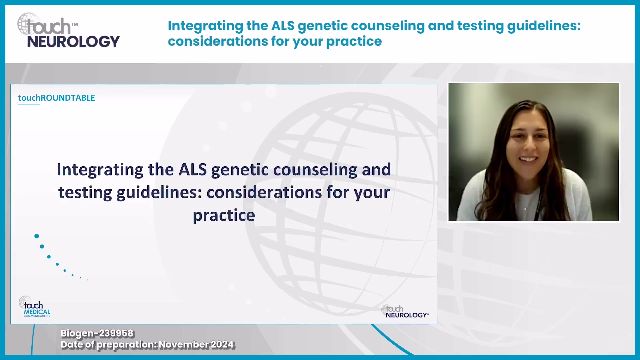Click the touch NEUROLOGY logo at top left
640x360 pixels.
[x=68, y=31]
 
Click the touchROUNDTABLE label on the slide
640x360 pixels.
[x=56, y=98]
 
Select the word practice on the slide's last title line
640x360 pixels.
[x=224, y=216]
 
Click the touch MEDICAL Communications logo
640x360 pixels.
[x=35, y=307]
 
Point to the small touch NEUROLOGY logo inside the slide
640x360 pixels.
[x=405, y=311]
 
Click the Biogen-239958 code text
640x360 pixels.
[x=97, y=333]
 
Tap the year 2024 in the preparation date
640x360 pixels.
[x=222, y=344]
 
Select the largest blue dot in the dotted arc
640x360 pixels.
[x=37, y=236]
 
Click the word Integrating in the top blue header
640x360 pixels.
[x=206, y=26]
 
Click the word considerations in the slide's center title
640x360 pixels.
[x=264, y=192]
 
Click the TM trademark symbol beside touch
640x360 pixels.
[x=74, y=24]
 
